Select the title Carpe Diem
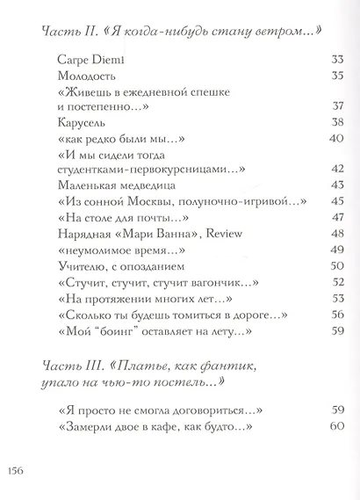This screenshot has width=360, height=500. [x=84, y=60]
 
